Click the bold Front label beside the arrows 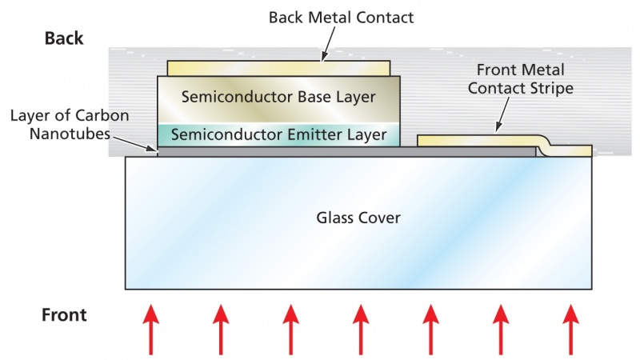tap(64, 316)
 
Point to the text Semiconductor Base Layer tap(278, 98)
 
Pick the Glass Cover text tap(358, 218)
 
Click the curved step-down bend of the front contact tap(546, 146)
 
